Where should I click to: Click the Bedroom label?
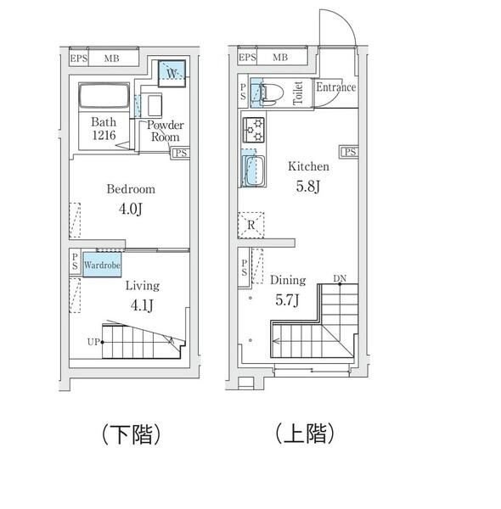tap(130, 188)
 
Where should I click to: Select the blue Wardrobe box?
tap(101, 265)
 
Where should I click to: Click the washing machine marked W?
tap(172, 74)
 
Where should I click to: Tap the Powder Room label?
tap(164, 131)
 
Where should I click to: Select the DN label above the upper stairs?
tap(340, 278)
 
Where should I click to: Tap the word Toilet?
tap(298, 93)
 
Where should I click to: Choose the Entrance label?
tap(335, 87)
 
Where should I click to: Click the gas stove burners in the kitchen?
tap(255, 131)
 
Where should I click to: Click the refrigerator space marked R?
tap(252, 224)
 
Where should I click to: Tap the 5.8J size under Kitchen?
tap(306, 187)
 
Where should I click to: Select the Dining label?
tap(288, 279)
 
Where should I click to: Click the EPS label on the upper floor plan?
tap(247, 58)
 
